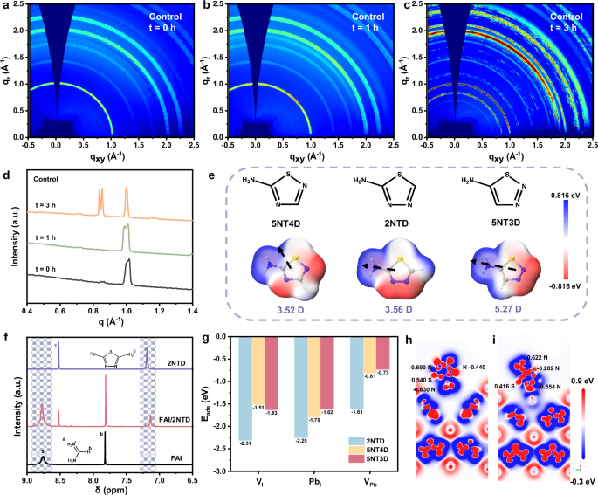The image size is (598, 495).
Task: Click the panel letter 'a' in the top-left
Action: coord(6,6)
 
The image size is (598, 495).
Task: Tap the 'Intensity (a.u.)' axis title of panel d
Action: coord(9,237)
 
